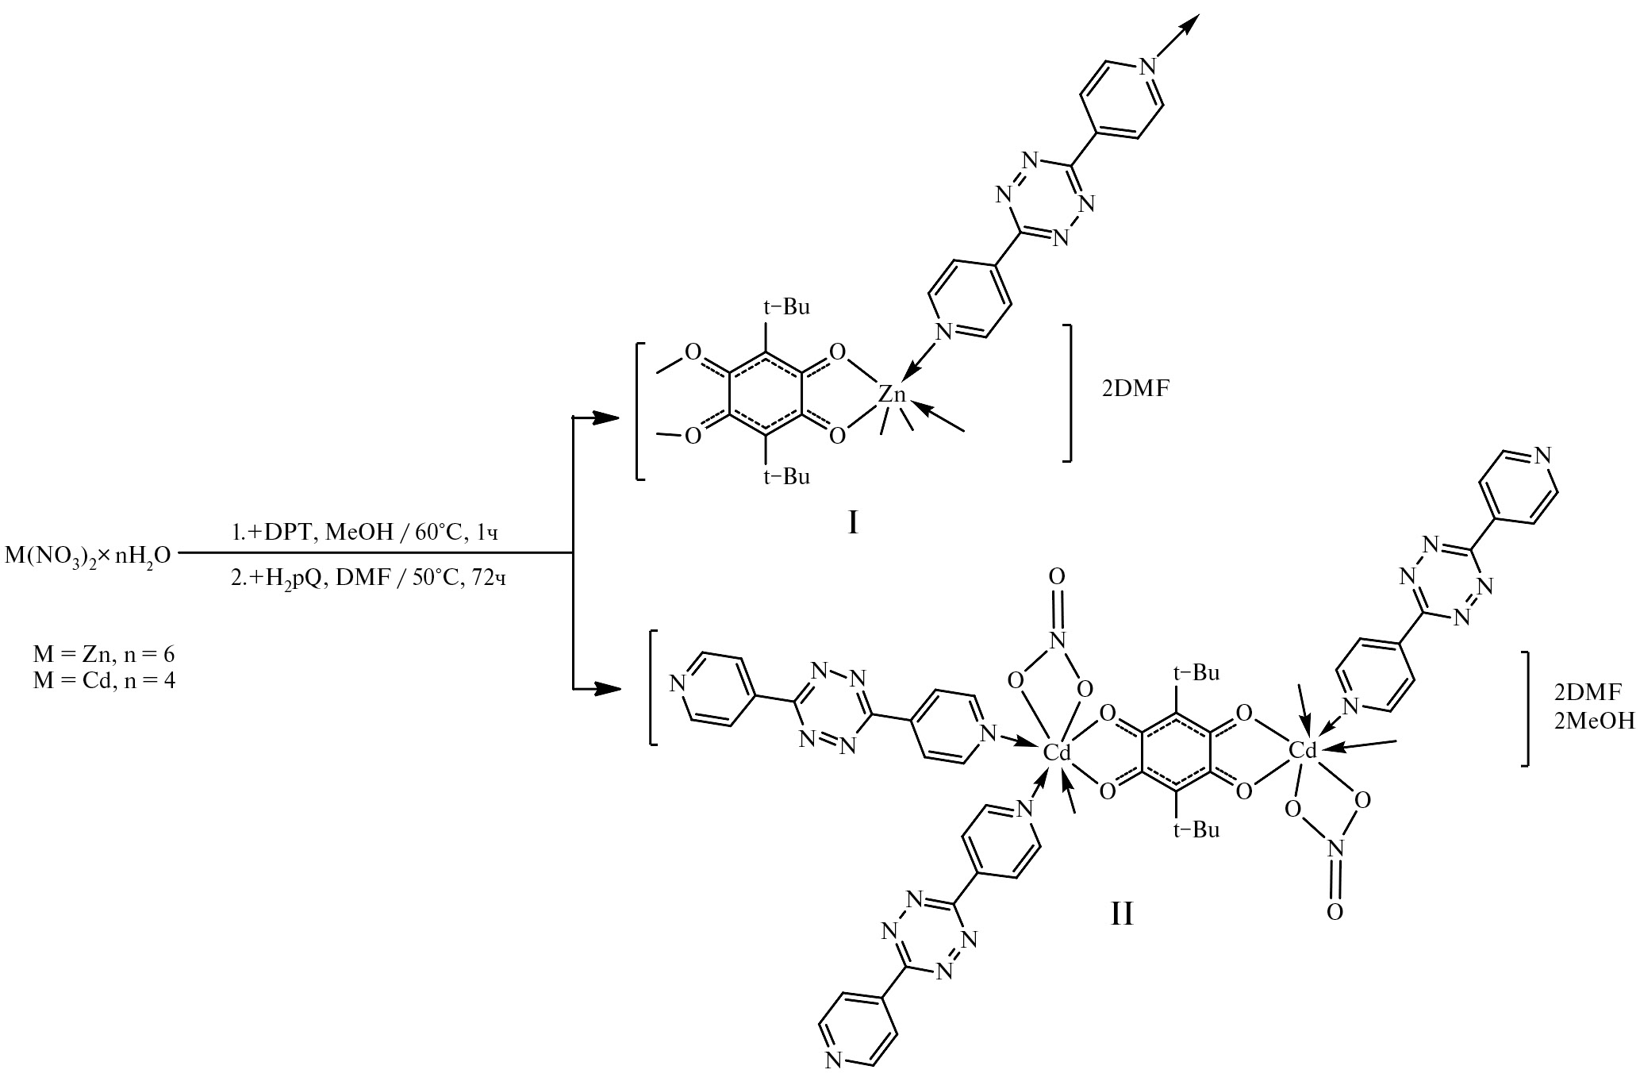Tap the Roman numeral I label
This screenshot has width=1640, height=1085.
tap(853, 522)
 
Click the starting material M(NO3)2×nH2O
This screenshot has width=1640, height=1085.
tap(88, 554)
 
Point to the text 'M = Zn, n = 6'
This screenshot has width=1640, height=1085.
tap(104, 656)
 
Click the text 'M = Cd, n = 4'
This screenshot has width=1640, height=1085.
tap(104, 680)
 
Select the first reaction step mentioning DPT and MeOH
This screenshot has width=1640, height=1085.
tap(366, 533)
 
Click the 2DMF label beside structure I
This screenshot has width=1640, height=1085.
tap(1135, 389)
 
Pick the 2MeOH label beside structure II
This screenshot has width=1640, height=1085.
tap(1595, 721)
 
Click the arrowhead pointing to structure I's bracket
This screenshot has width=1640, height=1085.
tap(606, 417)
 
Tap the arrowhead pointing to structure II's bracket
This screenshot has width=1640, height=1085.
tap(606, 689)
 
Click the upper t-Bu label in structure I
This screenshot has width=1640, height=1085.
tap(786, 306)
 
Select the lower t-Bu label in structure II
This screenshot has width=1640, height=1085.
tap(1196, 830)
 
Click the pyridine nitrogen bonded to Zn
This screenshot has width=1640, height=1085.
tap(943, 331)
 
